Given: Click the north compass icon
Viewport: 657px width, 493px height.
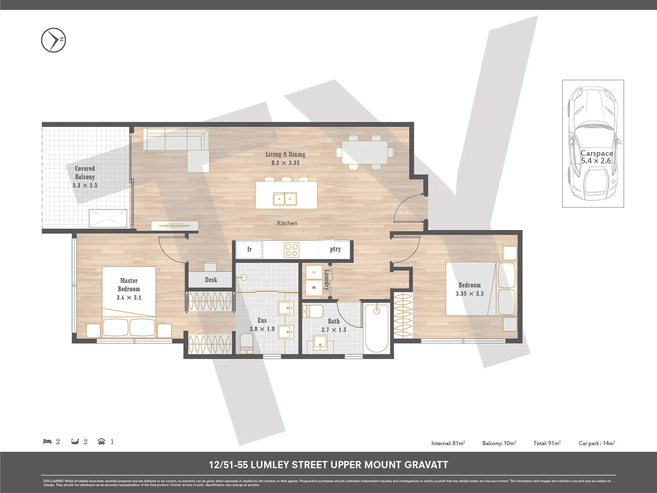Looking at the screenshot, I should [53, 40].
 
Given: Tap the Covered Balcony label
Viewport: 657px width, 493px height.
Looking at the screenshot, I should [85, 173].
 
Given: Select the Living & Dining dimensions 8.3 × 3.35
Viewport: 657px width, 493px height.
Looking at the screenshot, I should [285, 163].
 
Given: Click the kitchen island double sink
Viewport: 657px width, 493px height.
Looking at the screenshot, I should [285, 199].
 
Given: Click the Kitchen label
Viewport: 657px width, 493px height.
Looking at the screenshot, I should [287, 223].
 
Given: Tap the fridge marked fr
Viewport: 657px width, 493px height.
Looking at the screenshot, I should [249, 249].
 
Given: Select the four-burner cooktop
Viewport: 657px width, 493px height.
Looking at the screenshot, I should [291, 250].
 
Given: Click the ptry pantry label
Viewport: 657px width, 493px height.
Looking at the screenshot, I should [335, 249].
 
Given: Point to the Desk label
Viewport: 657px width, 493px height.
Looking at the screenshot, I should [211, 280].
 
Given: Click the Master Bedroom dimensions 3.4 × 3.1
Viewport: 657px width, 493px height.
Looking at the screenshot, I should [129, 298].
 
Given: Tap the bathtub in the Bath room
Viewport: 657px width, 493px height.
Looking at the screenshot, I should [377, 328].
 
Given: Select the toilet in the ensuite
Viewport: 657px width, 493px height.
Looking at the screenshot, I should [246, 343].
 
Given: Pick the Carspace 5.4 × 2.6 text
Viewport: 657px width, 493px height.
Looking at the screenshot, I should [596, 157].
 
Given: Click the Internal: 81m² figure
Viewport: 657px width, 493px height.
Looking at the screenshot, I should [448, 443].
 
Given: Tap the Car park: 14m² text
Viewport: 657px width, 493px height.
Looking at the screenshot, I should [596, 443].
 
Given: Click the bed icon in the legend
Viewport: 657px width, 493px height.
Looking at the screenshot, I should [47, 441].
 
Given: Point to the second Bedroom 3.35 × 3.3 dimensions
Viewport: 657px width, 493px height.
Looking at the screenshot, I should [469, 294].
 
